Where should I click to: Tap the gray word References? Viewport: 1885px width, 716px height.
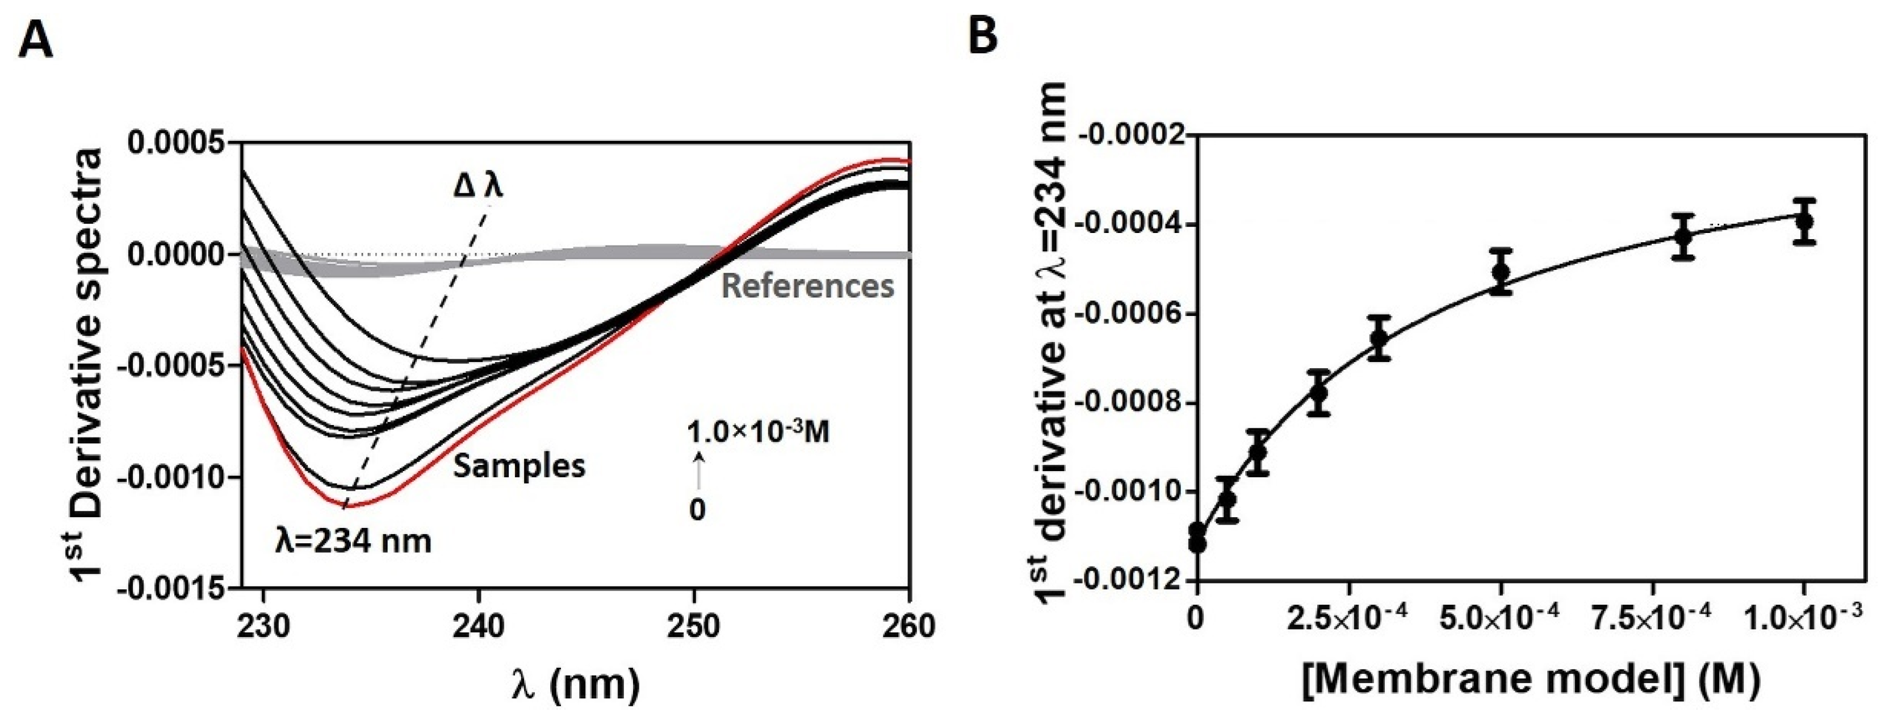[x=807, y=286]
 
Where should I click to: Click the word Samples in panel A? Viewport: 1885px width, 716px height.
[x=520, y=465]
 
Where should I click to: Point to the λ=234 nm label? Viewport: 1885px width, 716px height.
[x=353, y=542]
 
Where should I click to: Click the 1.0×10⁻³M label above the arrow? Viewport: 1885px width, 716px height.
[x=758, y=432]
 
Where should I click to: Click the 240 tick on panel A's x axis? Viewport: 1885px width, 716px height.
[x=479, y=627]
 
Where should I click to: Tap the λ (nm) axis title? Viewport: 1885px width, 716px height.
[x=575, y=685]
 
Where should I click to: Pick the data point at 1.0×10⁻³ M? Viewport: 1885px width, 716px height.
[x=1804, y=221]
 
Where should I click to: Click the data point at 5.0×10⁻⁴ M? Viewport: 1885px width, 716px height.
[x=1501, y=272]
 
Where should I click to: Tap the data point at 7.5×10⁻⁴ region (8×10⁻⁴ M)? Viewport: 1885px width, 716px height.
[x=1683, y=237]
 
